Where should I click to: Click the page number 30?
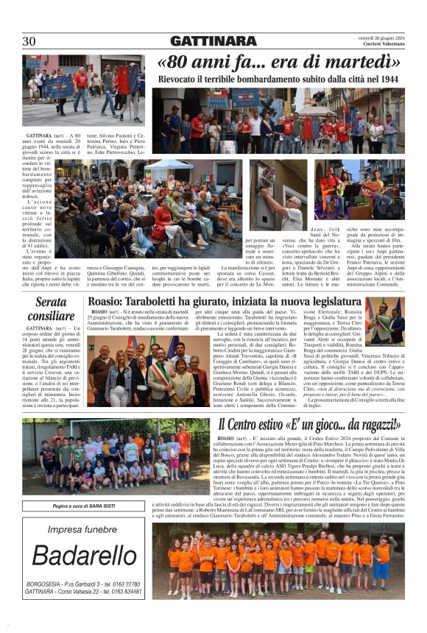point(29,41)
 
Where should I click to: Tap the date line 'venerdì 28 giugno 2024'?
point(377,37)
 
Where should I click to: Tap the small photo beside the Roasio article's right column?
point(384,322)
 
